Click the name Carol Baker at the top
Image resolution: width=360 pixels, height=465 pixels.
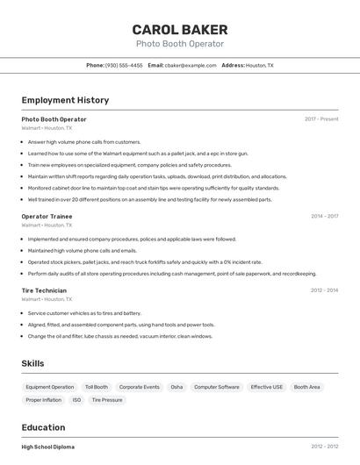179,30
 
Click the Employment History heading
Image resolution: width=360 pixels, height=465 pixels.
65,100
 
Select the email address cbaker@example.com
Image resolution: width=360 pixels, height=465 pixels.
191,65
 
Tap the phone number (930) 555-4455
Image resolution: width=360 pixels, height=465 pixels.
123,65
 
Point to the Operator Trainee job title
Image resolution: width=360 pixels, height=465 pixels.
47,216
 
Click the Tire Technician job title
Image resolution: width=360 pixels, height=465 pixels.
44,290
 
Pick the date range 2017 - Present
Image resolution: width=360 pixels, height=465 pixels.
321,119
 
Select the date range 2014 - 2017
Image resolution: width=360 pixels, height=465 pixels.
324,216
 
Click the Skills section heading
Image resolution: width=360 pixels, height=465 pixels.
32,363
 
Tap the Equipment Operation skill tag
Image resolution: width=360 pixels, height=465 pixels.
50,387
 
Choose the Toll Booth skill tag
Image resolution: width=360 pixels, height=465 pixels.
97,387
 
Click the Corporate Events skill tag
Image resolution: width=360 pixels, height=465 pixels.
140,387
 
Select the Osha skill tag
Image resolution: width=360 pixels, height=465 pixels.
176,387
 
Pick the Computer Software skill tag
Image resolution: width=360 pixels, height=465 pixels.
216,387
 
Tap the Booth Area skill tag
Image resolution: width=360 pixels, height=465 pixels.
307,387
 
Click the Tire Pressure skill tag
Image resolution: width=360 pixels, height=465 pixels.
107,400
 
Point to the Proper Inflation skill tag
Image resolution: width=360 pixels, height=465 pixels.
44,400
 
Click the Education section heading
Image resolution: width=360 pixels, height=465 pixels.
45,427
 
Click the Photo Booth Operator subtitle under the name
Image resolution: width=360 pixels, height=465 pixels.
179,44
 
